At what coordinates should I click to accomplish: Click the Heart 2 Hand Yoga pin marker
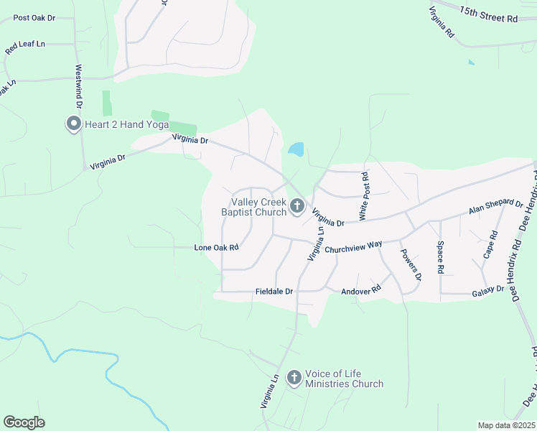(73, 124)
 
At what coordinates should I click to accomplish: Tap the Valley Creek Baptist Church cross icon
(297, 208)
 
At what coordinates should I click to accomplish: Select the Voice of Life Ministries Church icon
(294, 378)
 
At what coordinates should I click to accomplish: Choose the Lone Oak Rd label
(216, 247)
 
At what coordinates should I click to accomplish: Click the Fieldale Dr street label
(275, 292)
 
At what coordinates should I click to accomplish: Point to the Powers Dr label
(411, 264)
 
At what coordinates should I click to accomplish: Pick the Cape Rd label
(491, 245)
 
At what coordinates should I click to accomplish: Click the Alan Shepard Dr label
(495, 207)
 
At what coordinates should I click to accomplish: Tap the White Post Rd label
(364, 196)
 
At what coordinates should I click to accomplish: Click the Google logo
(24, 422)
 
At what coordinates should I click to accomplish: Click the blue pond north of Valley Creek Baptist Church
(296, 149)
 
